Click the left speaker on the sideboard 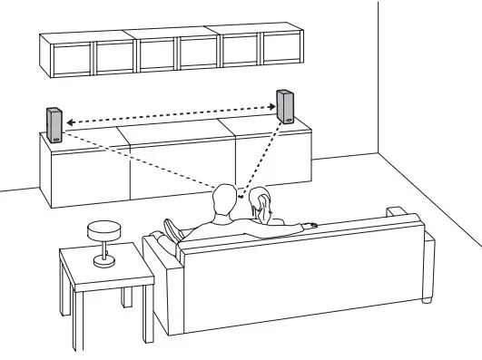tap(54, 123)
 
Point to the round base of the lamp tap(104, 262)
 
